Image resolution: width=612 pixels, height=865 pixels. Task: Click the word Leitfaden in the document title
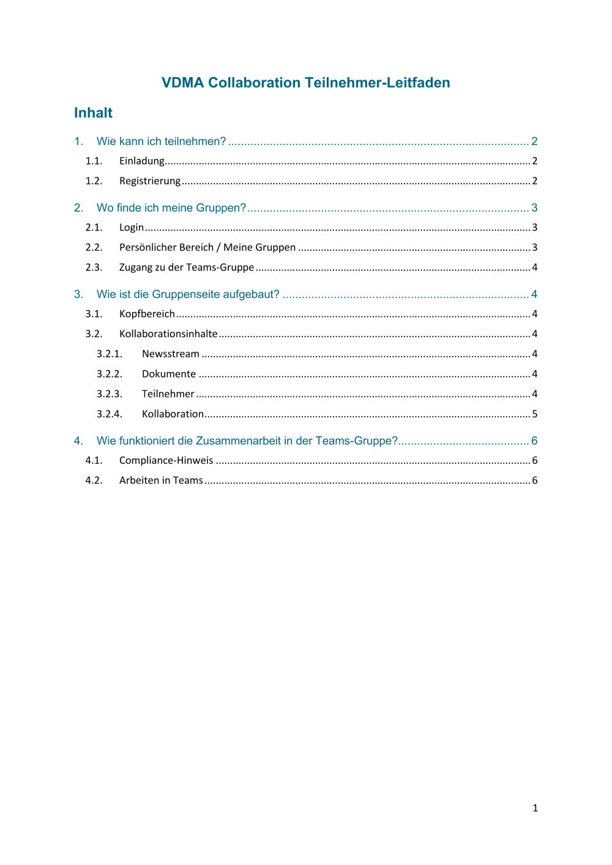(x=419, y=83)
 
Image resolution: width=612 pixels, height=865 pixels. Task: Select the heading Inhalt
(x=93, y=113)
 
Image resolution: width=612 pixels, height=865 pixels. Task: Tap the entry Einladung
(x=142, y=161)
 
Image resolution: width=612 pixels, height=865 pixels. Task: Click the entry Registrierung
(x=150, y=180)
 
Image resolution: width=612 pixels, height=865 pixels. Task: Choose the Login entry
(x=132, y=227)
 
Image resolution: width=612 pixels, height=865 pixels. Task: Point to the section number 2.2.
(x=94, y=247)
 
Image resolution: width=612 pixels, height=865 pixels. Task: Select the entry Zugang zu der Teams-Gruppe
(x=187, y=267)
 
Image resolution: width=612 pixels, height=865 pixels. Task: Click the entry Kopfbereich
(x=147, y=314)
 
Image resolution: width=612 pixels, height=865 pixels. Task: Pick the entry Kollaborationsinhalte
(x=168, y=333)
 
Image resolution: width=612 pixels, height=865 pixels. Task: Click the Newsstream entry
(x=171, y=354)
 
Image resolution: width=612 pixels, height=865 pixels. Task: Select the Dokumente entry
(x=169, y=374)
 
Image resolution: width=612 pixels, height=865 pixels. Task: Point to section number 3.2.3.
(x=110, y=394)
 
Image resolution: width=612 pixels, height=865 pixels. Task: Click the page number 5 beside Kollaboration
(x=534, y=414)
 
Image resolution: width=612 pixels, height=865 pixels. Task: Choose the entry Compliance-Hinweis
(x=166, y=460)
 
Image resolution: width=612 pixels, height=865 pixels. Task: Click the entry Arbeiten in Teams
(x=161, y=480)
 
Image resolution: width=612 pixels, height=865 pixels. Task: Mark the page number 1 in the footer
(x=535, y=808)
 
